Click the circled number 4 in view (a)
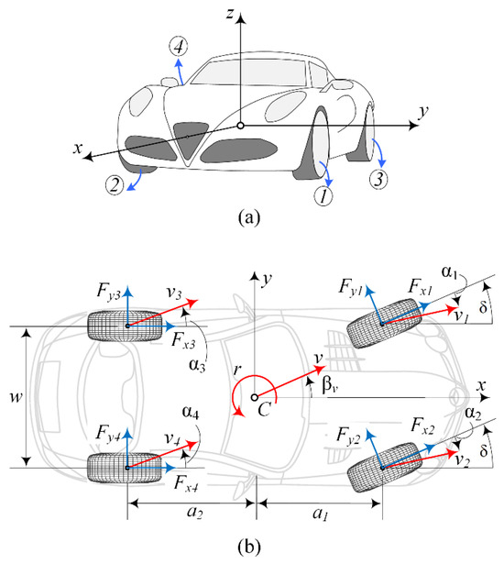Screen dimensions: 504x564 coord(179,47)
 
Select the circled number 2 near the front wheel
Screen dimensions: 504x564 coord(115,185)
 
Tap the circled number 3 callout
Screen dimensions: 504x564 coord(378,179)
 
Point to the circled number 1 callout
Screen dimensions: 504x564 coord(323,195)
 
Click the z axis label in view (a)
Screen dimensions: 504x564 coord(230,14)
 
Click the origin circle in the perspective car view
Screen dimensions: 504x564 coord(240,126)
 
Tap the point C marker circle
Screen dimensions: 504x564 coord(255,397)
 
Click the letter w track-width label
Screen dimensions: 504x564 coord(16,397)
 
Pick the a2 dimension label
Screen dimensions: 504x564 coord(194,512)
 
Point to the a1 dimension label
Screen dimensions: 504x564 coord(321,514)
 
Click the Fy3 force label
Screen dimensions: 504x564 coord(108,291)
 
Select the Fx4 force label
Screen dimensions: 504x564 coord(186,482)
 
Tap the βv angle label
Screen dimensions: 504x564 coord(330,385)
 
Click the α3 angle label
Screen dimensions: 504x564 coord(197,365)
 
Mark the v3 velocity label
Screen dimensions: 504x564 coord(174,293)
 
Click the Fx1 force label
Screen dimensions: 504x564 coord(420,287)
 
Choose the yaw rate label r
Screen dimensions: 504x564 coord(236,370)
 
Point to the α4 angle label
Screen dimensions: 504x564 coord(191,412)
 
